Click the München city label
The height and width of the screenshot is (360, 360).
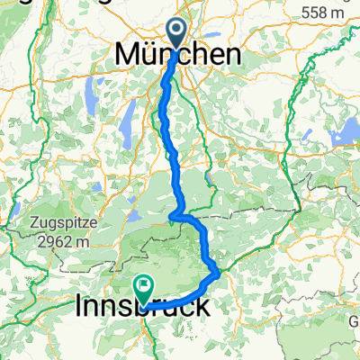[178, 55]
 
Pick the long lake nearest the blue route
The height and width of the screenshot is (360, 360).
[130, 112]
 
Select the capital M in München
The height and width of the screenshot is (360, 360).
[126, 55]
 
